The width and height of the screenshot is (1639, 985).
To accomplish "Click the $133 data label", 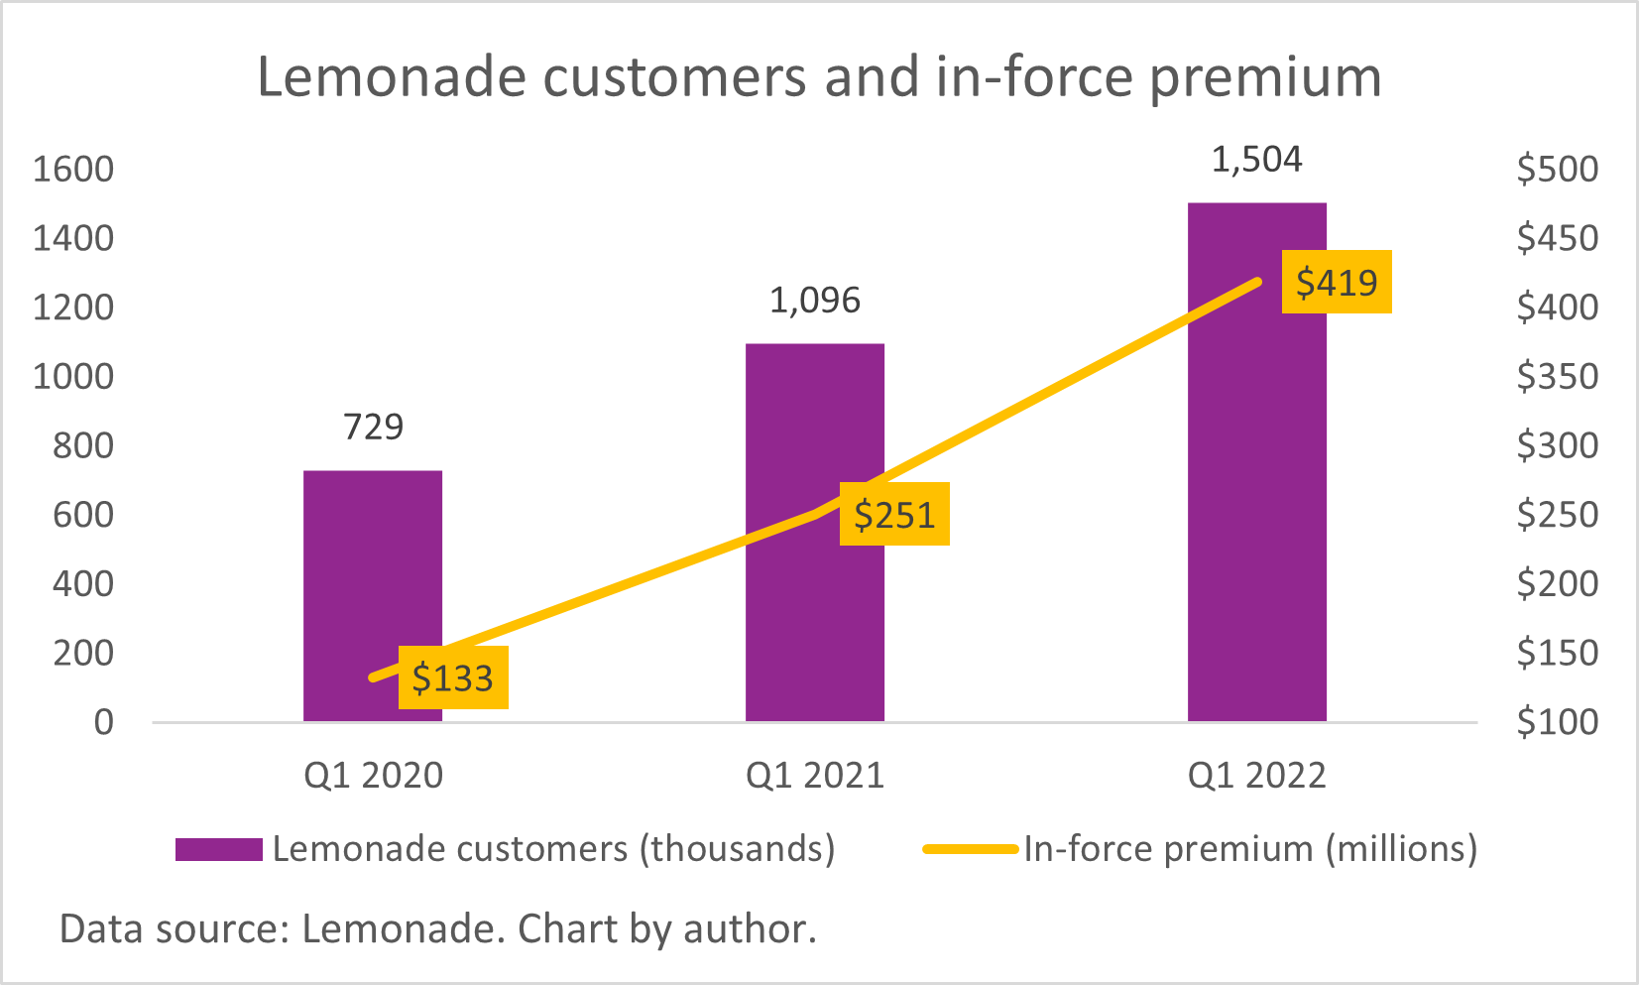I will (x=453, y=678).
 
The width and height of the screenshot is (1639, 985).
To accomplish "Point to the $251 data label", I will (x=894, y=515).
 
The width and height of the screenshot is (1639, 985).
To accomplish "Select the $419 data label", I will (x=1337, y=283).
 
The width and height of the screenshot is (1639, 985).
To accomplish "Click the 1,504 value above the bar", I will (x=1256, y=160).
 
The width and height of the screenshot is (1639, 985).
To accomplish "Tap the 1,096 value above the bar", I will (x=814, y=301).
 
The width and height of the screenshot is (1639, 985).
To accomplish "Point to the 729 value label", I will (x=373, y=428).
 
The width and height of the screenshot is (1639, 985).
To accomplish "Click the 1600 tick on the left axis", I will (x=73, y=170).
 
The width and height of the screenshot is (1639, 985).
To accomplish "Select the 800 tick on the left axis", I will (x=83, y=445).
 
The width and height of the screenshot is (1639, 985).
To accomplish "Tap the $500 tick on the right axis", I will (x=1557, y=170).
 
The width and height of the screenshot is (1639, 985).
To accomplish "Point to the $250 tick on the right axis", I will (x=1557, y=515).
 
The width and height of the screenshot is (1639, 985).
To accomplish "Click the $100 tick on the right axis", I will (x=1557, y=722).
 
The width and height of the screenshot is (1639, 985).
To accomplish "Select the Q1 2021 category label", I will (x=814, y=776).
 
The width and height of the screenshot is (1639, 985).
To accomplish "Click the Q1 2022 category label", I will (x=1256, y=776).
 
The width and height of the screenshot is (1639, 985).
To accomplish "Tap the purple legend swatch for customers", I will (x=219, y=849).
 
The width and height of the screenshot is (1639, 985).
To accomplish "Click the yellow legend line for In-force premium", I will (x=970, y=849).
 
